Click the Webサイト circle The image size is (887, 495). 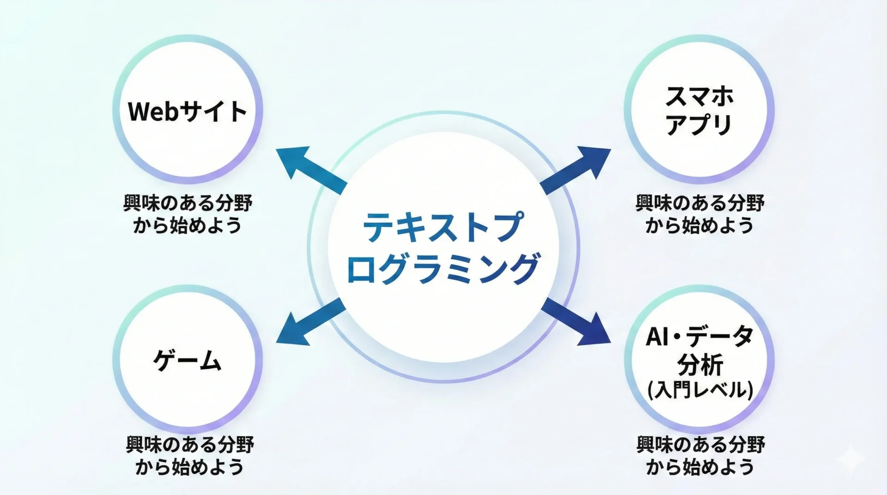(x=188, y=110)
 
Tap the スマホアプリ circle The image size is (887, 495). (x=699, y=110)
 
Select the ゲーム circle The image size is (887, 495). (x=188, y=360)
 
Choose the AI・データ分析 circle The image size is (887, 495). (x=699, y=360)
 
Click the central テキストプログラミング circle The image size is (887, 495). (x=443, y=247)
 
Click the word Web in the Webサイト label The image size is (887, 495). (x=153, y=111)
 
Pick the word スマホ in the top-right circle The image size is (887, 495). (x=699, y=96)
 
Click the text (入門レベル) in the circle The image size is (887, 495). (x=700, y=390)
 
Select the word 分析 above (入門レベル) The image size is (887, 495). (x=700, y=365)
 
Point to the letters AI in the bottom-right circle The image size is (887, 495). (x=658, y=337)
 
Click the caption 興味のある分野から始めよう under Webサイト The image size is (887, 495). (x=188, y=214)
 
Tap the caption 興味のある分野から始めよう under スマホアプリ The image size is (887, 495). (x=700, y=214)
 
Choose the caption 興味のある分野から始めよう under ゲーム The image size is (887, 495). (x=190, y=456)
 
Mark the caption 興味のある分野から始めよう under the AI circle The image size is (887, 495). (x=701, y=456)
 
